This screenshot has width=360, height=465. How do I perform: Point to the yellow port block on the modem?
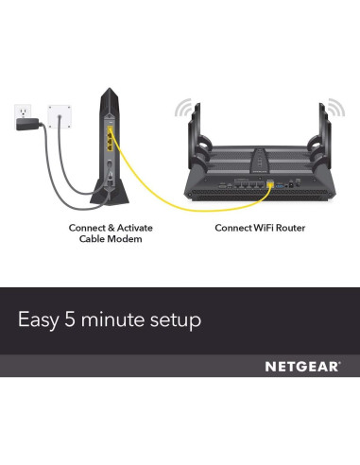[x=111, y=143]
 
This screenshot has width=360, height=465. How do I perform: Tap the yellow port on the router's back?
[x=271, y=183]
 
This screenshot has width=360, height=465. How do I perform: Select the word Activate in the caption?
[x=131, y=227]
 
